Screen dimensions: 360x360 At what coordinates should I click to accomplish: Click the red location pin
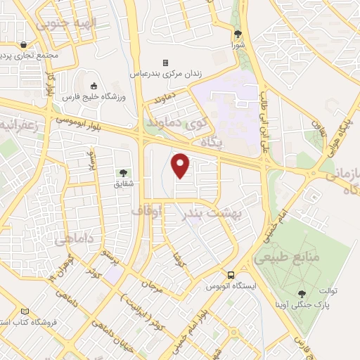click(181, 165)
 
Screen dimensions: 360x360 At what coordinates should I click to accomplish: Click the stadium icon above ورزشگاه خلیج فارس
click(95, 86)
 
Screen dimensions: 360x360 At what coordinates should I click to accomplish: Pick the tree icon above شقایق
click(123, 172)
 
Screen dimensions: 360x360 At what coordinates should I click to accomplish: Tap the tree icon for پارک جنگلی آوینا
click(302, 293)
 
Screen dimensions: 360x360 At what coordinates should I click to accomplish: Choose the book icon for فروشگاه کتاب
click(25, 310)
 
